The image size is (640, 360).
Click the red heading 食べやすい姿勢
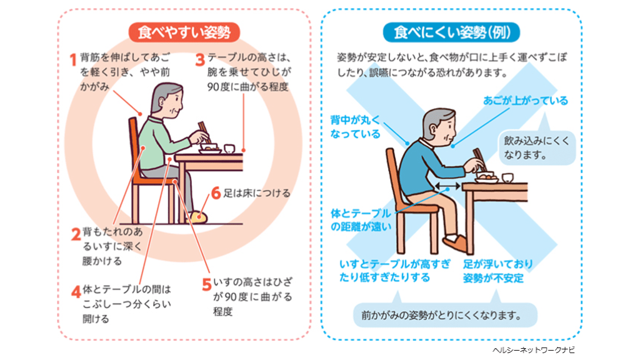pyautogui.click(x=184, y=32)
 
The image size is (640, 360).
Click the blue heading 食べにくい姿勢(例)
pyautogui.click(x=451, y=32)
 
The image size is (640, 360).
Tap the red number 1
pyautogui.click(x=73, y=59)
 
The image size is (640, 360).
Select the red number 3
pyautogui.click(x=200, y=59)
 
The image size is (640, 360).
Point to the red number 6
pyautogui.click(x=216, y=192)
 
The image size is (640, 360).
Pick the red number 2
pyautogui.click(x=76, y=234)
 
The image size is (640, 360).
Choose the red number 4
pyautogui.click(x=76, y=292)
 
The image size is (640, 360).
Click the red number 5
pyautogui.click(x=206, y=284)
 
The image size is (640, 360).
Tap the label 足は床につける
pyautogui.click(x=257, y=192)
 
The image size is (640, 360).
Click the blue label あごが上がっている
pyautogui.click(x=525, y=101)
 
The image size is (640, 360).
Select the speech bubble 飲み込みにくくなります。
pyautogui.click(x=537, y=147)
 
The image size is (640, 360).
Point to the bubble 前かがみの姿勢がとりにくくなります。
pyautogui.click(x=445, y=315)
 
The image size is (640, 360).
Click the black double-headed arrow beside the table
pyautogui.click(x=447, y=186)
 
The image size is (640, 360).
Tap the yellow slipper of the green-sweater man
pyautogui.click(x=199, y=217)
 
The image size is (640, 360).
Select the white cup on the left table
pyautogui.click(x=229, y=148)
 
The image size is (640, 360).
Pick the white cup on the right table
pyautogui.click(x=507, y=178)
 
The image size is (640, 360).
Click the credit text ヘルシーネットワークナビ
pyautogui.click(x=534, y=350)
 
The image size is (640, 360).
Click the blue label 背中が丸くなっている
pyautogui.click(x=356, y=127)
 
